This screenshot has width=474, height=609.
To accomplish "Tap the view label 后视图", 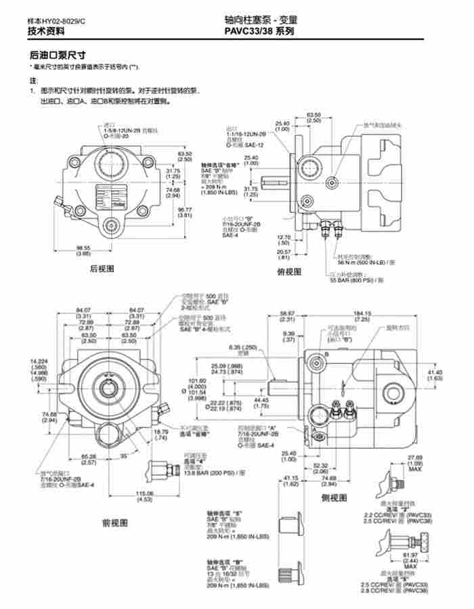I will [102, 269].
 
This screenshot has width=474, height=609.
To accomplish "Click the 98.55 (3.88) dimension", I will [83, 250].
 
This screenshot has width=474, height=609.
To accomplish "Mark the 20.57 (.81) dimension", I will [284, 254].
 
